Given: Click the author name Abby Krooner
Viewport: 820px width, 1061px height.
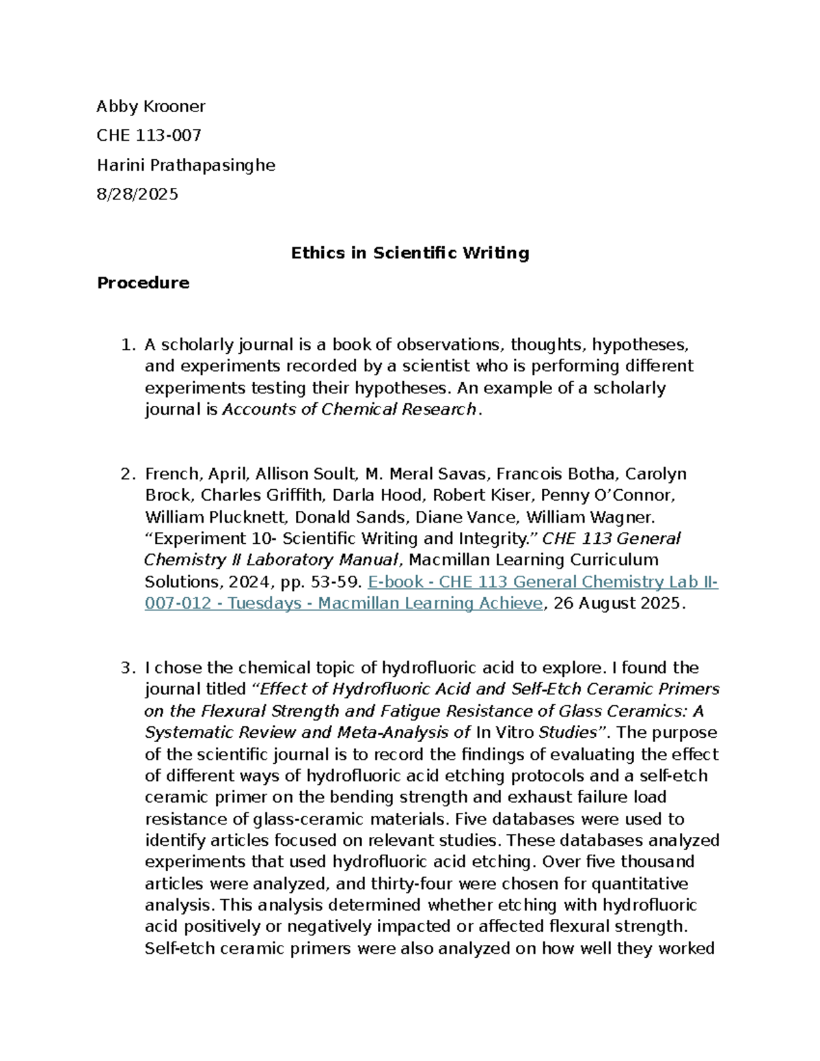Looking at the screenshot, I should coord(150,107).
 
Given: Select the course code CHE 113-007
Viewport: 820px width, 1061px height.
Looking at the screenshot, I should coord(148,135).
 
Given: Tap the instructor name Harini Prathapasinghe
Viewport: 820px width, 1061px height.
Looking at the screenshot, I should coord(186,165).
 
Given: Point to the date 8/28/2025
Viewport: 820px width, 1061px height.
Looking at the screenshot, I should coord(137,194).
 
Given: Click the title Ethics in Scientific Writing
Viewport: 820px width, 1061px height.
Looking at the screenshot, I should coord(410,253).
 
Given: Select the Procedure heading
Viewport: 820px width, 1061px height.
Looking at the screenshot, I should coord(143,283).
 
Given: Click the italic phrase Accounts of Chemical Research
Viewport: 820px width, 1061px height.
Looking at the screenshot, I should coord(349,409).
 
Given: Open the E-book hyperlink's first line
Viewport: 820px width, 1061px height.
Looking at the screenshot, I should coord(543,582).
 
